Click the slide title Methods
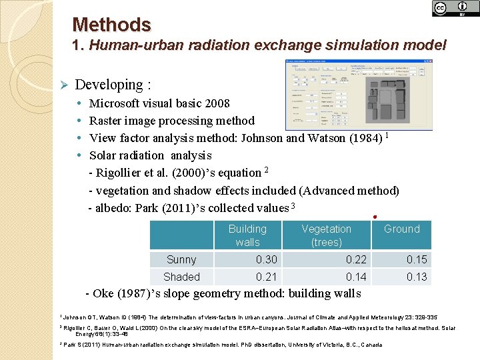click(x=111, y=25)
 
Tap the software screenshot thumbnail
click(x=359, y=95)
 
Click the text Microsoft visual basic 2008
click(x=159, y=103)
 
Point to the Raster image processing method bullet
click(x=171, y=121)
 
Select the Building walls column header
click(x=247, y=235)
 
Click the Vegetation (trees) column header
click(x=326, y=235)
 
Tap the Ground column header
click(x=401, y=229)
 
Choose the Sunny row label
click(x=181, y=259)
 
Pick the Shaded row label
click(x=181, y=277)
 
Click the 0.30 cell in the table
click(x=267, y=259)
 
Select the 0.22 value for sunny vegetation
click(x=356, y=259)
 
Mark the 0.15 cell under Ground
click(x=417, y=259)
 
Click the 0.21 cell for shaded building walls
click(x=267, y=277)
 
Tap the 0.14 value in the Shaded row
click(x=356, y=277)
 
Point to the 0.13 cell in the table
click(x=417, y=277)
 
